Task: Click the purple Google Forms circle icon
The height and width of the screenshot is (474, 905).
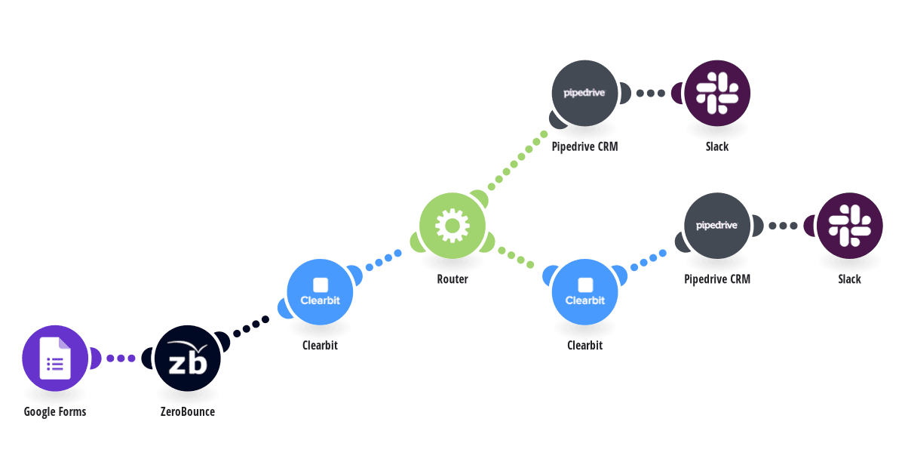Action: click(55, 359)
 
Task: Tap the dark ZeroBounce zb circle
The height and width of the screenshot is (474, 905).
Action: click(188, 359)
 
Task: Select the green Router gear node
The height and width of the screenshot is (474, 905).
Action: click(452, 226)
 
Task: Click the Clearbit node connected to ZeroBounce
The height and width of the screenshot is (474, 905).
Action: click(320, 292)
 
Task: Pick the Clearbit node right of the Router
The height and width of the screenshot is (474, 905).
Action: click(585, 292)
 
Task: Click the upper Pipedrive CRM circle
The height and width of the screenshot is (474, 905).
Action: click(585, 93)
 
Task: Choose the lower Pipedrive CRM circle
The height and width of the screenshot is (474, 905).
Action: click(717, 226)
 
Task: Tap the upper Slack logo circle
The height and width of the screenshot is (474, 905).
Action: click(717, 93)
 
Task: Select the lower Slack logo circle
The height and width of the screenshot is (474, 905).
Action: click(850, 226)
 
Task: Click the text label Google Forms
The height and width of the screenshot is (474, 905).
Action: click(55, 411)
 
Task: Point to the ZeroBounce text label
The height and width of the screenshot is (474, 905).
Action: click(188, 411)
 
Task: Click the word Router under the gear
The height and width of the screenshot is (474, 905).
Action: click(452, 279)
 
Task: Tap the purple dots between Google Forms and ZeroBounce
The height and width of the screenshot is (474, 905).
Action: click(121, 359)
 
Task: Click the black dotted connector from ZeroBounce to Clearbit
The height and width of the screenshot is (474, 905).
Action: click(251, 327)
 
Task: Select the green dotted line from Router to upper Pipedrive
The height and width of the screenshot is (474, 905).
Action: click(517, 161)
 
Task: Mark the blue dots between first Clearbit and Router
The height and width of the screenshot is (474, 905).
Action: click(383, 260)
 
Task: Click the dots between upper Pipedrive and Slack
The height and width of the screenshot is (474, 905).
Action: click(651, 93)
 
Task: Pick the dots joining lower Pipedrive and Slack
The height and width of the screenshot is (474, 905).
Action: click(784, 226)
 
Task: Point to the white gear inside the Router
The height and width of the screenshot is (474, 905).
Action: click(452, 226)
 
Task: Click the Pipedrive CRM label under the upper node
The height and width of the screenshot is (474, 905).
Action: click(585, 146)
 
